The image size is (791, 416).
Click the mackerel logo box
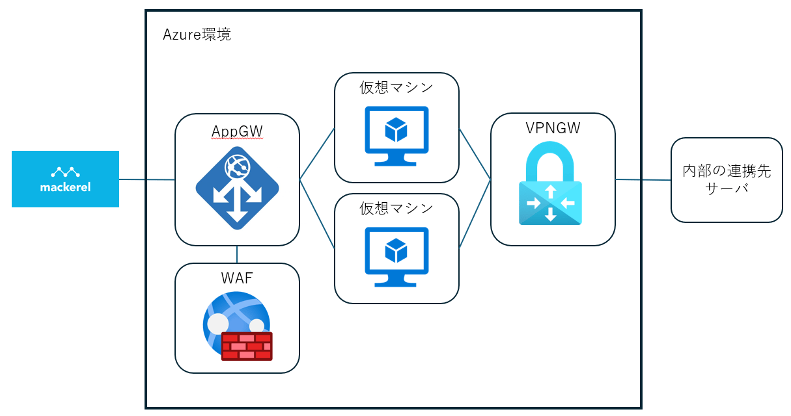pos(65,179)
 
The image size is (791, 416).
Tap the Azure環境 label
pos(197,34)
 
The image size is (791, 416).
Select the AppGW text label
pos(237,131)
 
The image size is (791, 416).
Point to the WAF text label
pos(237,279)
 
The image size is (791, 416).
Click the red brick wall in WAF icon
pos(246,346)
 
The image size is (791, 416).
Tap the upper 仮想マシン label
pos(396,87)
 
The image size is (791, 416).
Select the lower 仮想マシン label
pos(396,208)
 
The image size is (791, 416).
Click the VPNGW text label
pos(553,128)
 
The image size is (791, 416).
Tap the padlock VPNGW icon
pos(550,185)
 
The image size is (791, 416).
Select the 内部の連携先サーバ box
pos(727,180)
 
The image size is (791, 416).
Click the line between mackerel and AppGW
pos(147,179)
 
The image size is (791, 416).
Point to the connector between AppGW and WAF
pos(237,254)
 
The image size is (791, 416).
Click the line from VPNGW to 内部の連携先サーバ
pos(643,179)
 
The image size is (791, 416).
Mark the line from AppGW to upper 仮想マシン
pos(317,153)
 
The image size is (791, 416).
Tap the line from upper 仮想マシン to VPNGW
pos(475,153)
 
